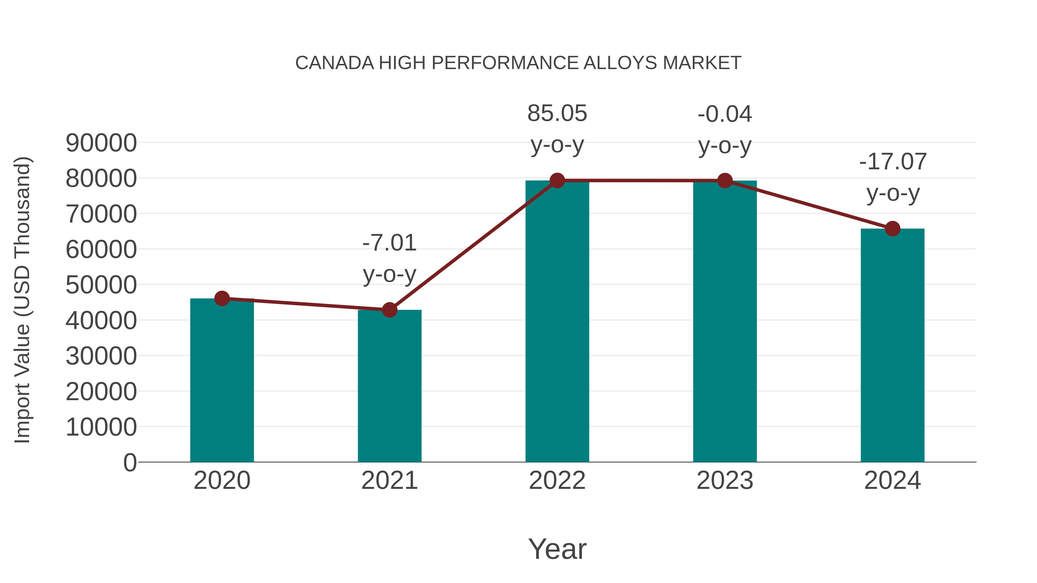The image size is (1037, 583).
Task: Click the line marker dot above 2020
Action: tap(222, 299)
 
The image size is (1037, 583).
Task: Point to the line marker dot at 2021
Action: tap(389, 310)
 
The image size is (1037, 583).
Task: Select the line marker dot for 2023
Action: tap(725, 181)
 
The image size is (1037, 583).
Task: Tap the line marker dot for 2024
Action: tap(892, 229)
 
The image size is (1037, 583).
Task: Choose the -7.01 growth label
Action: tap(389, 243)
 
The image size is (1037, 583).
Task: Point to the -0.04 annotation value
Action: tap(725, 114)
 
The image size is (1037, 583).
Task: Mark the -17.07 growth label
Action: tap(892, 162)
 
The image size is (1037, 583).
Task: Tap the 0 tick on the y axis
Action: tap(130, 462)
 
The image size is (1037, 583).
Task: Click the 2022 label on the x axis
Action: tap(557, 481)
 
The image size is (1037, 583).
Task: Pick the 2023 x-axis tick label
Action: tap(725, 481)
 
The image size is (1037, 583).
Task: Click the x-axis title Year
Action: tap(557, 549)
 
